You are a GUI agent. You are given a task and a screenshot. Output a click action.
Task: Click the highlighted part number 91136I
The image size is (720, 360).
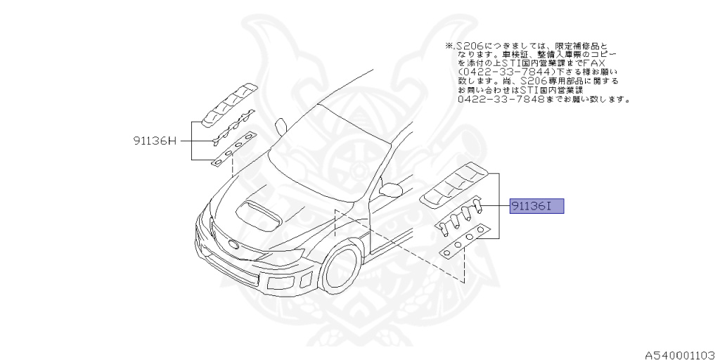tap(537, 207)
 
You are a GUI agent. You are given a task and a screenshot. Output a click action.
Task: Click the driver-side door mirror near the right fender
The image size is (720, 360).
tap(390, 189)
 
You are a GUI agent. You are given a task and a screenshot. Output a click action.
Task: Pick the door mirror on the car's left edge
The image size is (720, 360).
tap(281, 126)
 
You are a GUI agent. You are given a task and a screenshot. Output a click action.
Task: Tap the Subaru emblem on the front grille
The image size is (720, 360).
tap(233, 245)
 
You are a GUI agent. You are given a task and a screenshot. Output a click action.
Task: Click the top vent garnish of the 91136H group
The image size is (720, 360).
tap(228, 103)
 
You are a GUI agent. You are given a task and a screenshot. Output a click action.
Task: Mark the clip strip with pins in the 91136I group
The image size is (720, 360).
tap(461, 213)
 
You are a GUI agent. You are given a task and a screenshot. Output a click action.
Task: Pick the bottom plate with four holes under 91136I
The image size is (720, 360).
tap(465, 242)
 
